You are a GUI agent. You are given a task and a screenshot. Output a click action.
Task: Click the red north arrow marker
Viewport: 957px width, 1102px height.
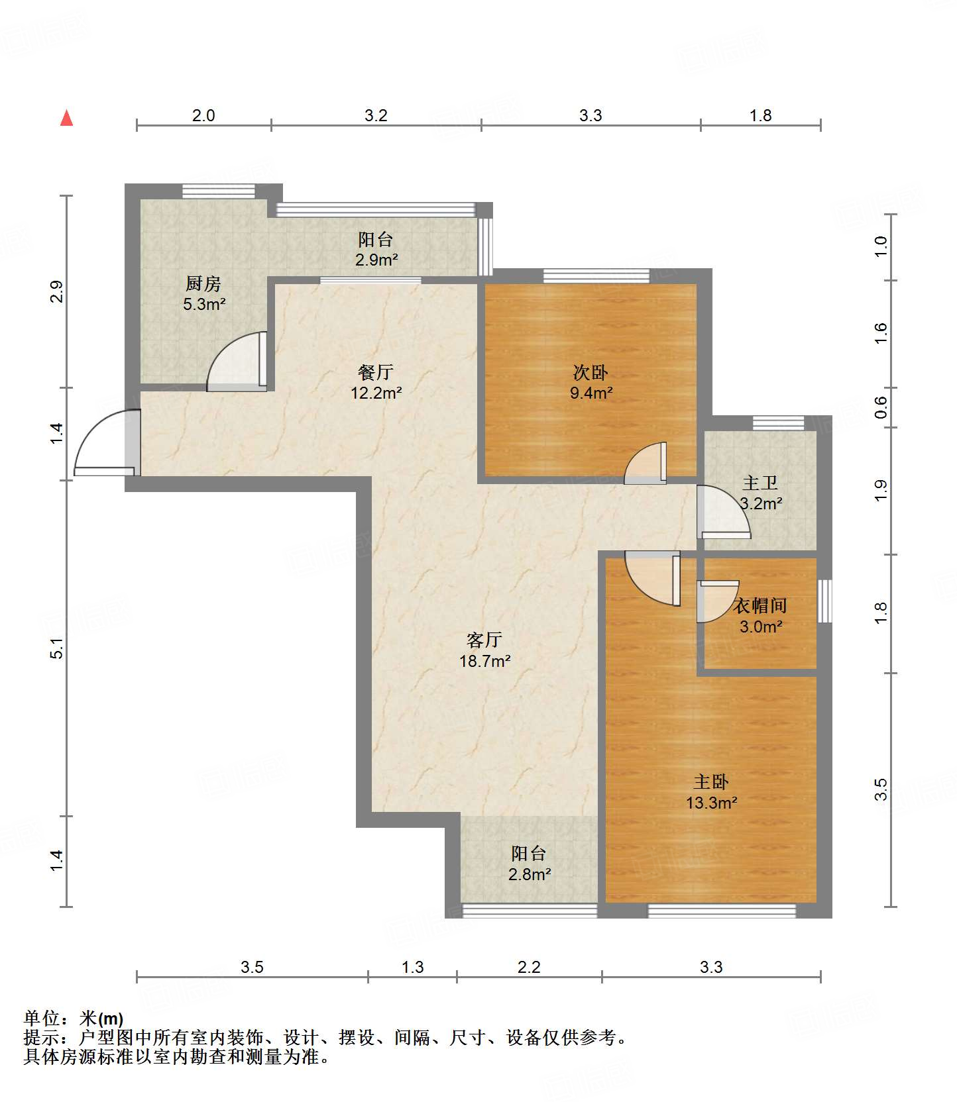[66, 118]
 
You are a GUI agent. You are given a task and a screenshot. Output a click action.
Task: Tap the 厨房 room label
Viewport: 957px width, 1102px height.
[203, 284]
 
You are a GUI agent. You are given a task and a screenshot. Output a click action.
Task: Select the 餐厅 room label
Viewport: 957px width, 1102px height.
[376, 372]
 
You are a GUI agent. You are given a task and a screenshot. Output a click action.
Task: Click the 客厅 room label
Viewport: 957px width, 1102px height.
[484, 640]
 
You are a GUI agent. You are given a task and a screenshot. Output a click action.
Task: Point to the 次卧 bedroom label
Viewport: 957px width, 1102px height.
[591, 372]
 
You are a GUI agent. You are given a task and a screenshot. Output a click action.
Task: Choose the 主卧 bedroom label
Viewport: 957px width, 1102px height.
[711, 782]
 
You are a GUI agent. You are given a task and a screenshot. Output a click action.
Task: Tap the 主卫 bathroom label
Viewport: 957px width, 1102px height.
[760, 483]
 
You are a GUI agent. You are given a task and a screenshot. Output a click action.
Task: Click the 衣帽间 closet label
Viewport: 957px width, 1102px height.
[760, 605]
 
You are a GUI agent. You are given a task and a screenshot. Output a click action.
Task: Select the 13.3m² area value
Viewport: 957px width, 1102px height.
[712, 803]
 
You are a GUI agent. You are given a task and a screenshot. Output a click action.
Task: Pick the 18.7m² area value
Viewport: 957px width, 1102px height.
[485, 661]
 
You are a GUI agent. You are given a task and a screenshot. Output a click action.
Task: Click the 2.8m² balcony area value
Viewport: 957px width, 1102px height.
[530, 875]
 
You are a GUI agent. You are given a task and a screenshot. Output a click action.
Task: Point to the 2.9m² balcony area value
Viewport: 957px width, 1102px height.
[376, 260]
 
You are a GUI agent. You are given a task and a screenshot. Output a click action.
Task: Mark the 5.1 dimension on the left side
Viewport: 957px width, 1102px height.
[57, 648]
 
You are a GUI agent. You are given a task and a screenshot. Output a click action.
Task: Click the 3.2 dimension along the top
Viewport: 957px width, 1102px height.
[376, 116]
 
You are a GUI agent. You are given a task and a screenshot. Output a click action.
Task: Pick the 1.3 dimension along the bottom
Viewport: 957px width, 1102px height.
[412, 968]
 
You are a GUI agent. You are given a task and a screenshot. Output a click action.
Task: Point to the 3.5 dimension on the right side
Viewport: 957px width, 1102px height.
[880, 789]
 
